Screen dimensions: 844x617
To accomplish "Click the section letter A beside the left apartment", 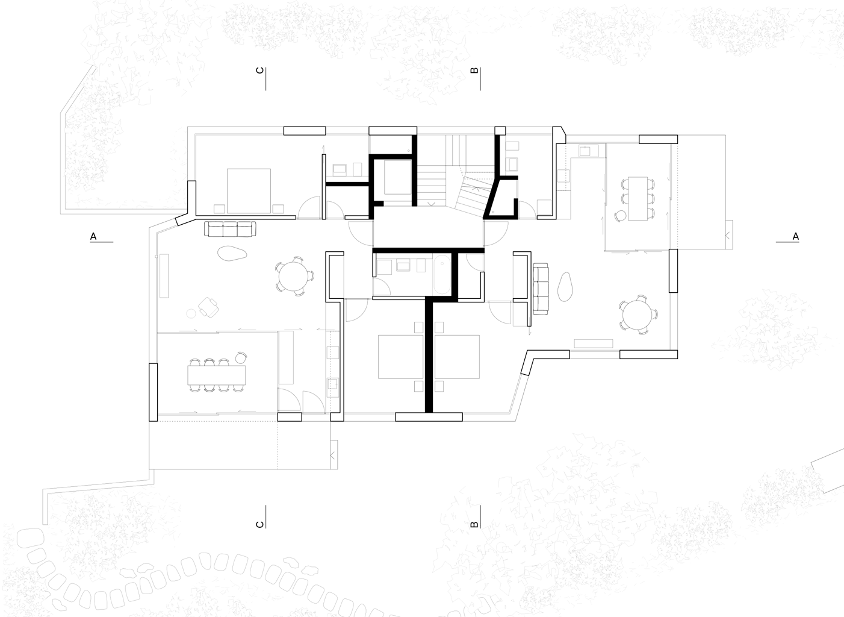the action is (x=93, y=236).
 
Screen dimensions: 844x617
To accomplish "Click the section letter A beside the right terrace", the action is (x=795, y=236).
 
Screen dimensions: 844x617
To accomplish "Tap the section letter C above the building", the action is (x=259, y=70).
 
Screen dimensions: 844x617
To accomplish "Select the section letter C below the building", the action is (x=259, y=524).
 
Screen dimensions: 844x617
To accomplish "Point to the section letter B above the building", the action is (x=474, y=70).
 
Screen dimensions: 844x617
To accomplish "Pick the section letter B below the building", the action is (x=474, y=524).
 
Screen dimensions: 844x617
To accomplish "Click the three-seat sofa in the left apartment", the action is (x=230, y=229).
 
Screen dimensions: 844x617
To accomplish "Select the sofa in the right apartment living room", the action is (x=541, y=289).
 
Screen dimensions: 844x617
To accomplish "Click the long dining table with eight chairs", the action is (x=216, y=375).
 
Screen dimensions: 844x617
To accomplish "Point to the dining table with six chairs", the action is (x=638, y=198).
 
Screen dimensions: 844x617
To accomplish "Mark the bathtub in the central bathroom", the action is (x=442, y=274).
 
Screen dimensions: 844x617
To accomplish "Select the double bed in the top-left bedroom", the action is (x=249, y=191).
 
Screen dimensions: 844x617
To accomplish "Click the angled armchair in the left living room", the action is (x=209, y=307).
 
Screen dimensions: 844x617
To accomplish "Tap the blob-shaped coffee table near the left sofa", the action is (x=232, y=254).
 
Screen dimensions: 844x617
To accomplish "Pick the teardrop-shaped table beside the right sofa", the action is (x=565, y=287).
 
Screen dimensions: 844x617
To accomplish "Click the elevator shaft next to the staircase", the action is (x=397, y=177).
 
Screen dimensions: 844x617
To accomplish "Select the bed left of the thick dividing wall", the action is (x=400, y=357).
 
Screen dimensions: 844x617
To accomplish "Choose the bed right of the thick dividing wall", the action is (x=457, y=357).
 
